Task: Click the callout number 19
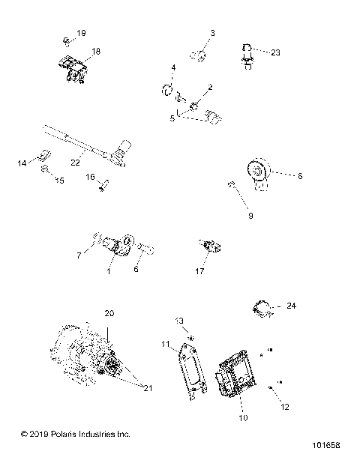point(81,34)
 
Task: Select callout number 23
point(212,34)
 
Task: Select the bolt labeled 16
point(103,184)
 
